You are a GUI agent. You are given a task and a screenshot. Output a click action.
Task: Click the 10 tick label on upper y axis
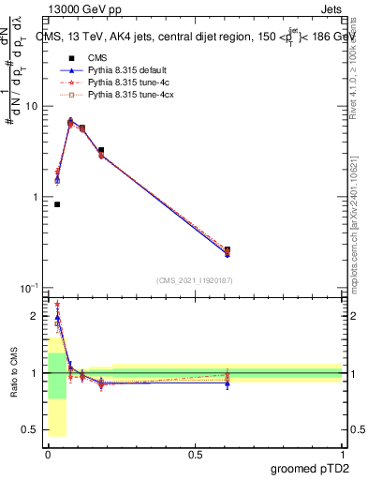point(31,106)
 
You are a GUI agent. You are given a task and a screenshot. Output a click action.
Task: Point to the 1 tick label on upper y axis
point(35,197)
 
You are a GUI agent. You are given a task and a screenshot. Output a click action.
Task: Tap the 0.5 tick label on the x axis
point(195,455)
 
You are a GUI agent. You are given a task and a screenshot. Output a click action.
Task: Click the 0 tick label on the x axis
point(47,455)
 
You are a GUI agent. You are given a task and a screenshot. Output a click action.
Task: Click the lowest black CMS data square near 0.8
point(57,204)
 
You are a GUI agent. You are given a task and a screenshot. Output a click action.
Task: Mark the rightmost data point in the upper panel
point(228,250)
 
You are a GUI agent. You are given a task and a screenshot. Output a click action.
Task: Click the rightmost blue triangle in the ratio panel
point(228,383)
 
